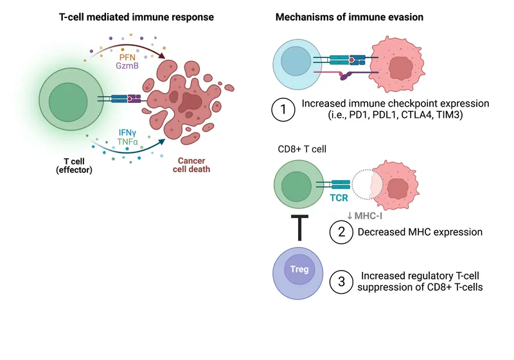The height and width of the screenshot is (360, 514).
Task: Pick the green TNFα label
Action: (128, 141)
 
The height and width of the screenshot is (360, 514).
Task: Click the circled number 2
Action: (342, 231)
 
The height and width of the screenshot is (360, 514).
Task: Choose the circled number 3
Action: (342, 280)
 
